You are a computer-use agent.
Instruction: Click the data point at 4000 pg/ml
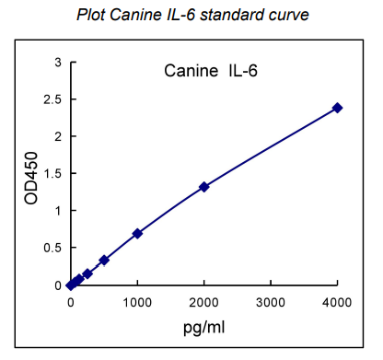[x=338, y=108]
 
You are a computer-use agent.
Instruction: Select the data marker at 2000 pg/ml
[x=204, y=187]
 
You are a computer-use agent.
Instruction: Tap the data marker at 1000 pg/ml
[x=137, y=234]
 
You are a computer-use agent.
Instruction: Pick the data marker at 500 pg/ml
[x=104, y=260]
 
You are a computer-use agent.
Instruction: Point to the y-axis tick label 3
[x=59, y=62]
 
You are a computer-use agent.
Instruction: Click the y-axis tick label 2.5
[x=54, y=99]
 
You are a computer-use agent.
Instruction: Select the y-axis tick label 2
[x=59, y=136]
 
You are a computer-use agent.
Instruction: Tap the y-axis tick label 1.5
[x=54, y=173]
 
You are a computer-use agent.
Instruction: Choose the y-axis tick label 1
[x=59, y=211]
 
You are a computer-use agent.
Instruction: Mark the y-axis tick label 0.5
[x=54, y=248]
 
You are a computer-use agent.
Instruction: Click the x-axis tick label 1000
[x=137, y=302]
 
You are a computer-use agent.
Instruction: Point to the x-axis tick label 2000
[x=204, y=302]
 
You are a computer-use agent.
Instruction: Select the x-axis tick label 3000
[x=272, y=302]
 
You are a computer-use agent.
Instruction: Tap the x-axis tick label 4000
[x=338, y=302]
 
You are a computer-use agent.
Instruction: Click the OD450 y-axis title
[x=31, y=179]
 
